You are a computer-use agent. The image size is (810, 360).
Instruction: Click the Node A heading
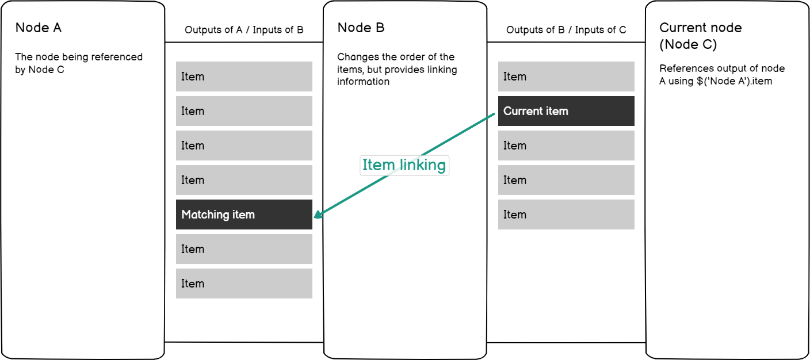click(x=38, y=28)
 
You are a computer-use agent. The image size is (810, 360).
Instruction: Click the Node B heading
click(x=361, y=28)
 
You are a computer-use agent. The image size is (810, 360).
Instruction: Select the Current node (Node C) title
click(x=700, y=36)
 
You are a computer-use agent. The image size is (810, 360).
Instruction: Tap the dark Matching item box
click(x=244, y=215)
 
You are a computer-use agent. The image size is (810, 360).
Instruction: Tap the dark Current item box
click(x=566, y=111)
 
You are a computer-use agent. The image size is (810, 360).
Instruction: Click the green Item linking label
click(x=404, y=166)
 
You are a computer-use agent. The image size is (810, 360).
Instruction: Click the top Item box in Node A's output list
click(x=244, y=76)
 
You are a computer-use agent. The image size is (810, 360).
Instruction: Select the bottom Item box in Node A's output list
click(x=244, y=284)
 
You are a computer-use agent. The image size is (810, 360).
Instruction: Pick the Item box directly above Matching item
click(x=244, y=180)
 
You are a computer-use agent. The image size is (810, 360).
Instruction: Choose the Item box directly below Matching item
click(x=244, y=249)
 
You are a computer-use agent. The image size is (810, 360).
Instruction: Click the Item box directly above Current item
click(x=566, y=76)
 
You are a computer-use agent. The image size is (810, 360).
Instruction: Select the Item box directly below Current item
click(x=566, y=145)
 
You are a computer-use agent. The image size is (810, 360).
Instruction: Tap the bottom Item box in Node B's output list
click(x=566, y=215)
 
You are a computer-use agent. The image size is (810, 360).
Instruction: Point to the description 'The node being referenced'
click(x=79, y=58)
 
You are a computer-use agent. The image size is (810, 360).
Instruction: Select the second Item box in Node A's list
click(x=244, y=111)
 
